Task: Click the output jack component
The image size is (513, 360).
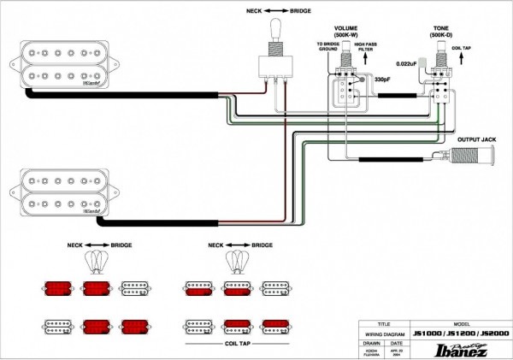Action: [464, 160]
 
